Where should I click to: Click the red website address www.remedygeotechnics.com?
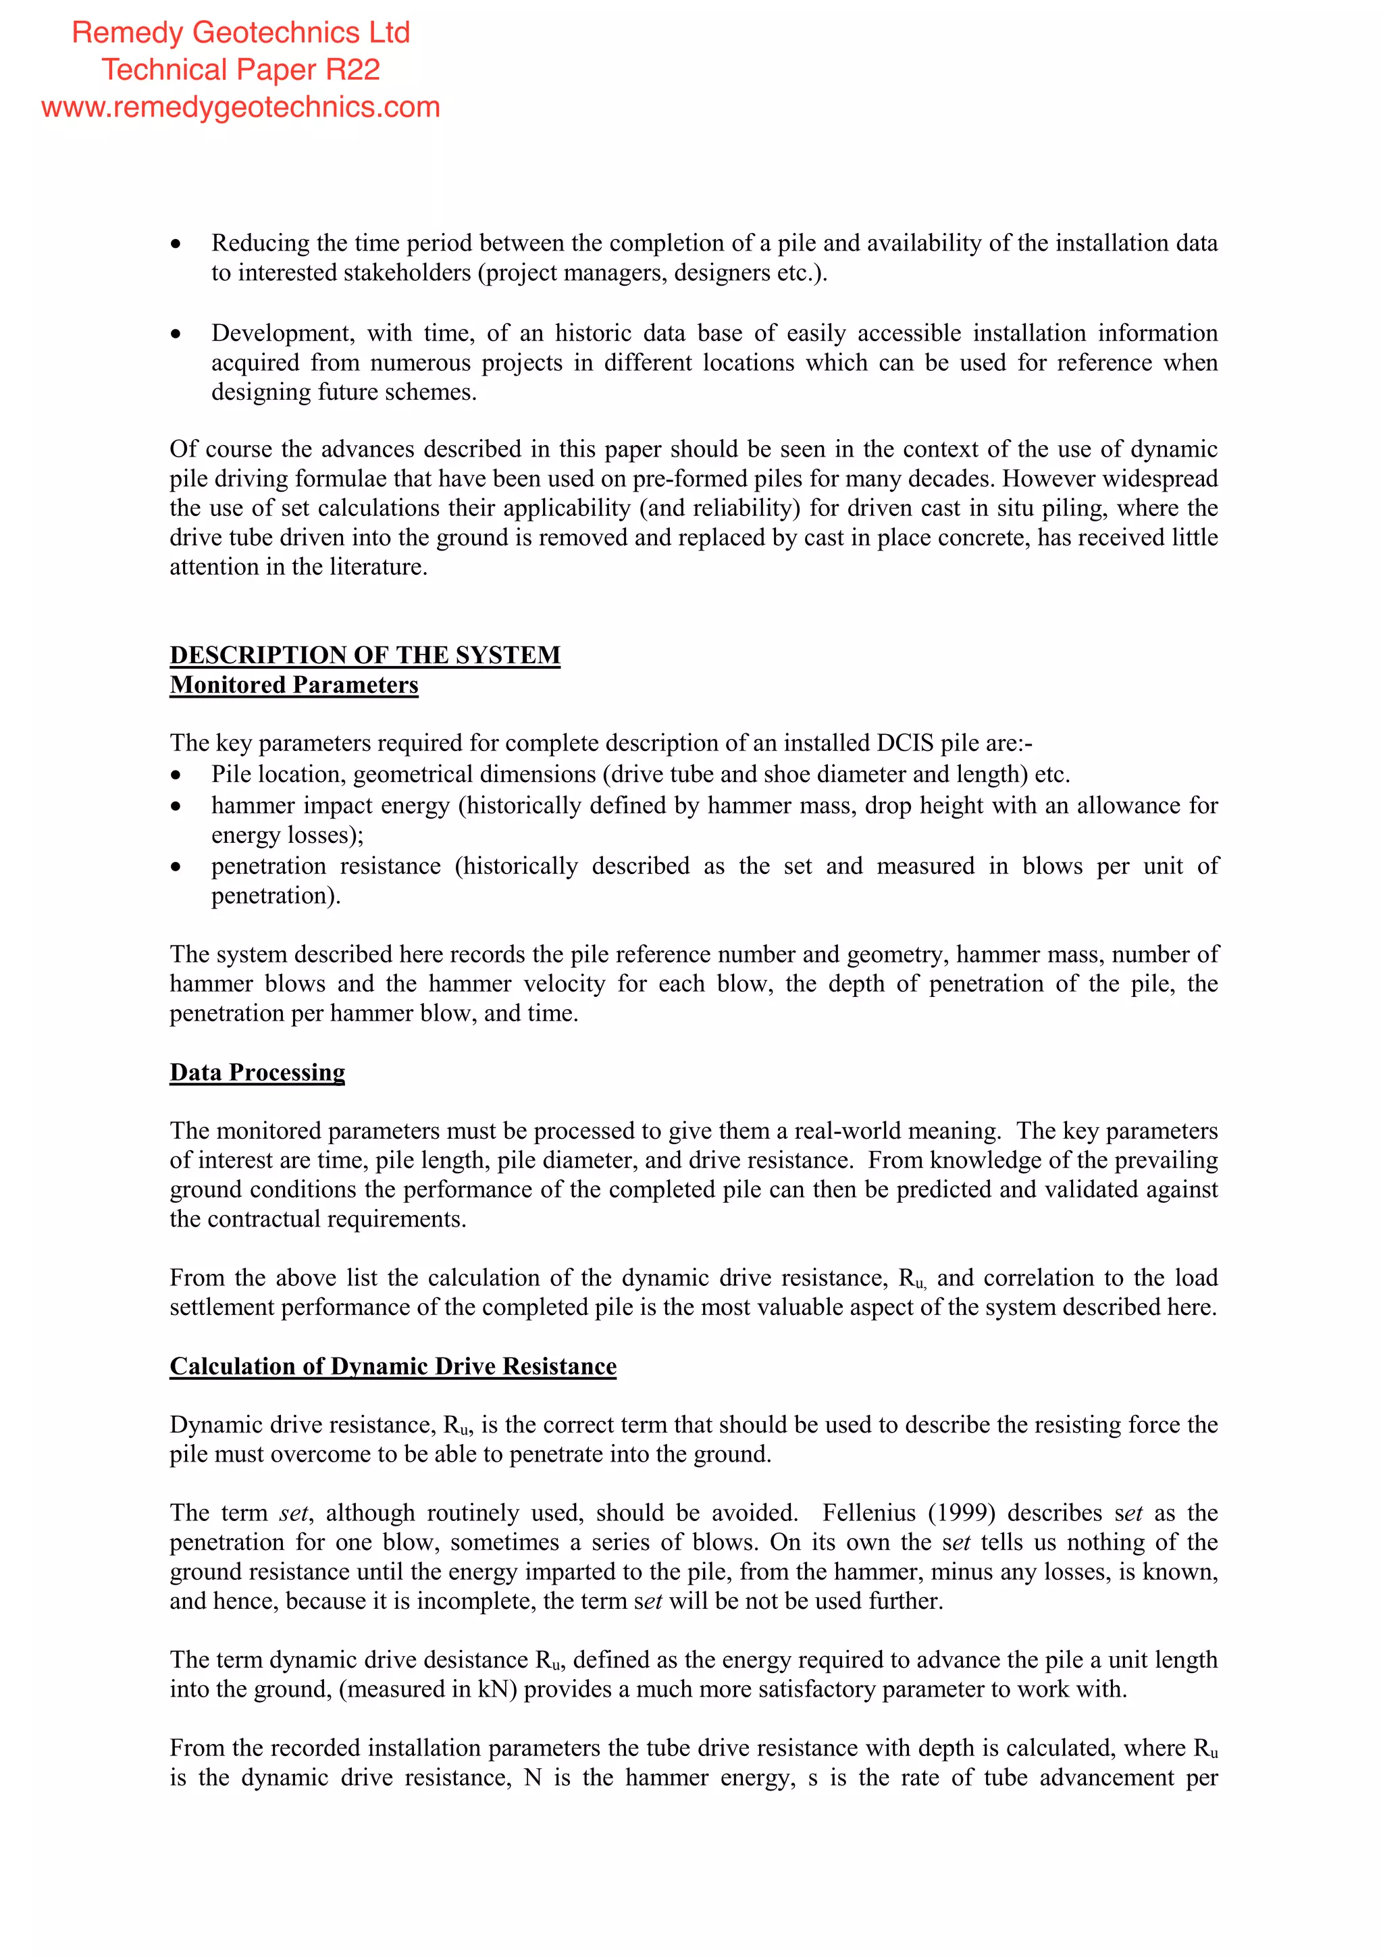click(240, 107)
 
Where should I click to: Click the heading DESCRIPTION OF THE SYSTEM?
click(365, 655)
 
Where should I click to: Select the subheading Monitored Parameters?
click(294, 685)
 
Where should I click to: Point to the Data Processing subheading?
click(257, 1073)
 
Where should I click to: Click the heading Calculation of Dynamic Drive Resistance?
click(392, 1366)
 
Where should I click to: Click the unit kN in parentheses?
click(492, 1689)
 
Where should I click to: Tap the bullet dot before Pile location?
click(176, 775)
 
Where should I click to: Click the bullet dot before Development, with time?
click(176, 334)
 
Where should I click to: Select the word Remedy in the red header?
click(128, 32)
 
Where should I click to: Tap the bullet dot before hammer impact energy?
click(176, 806)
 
